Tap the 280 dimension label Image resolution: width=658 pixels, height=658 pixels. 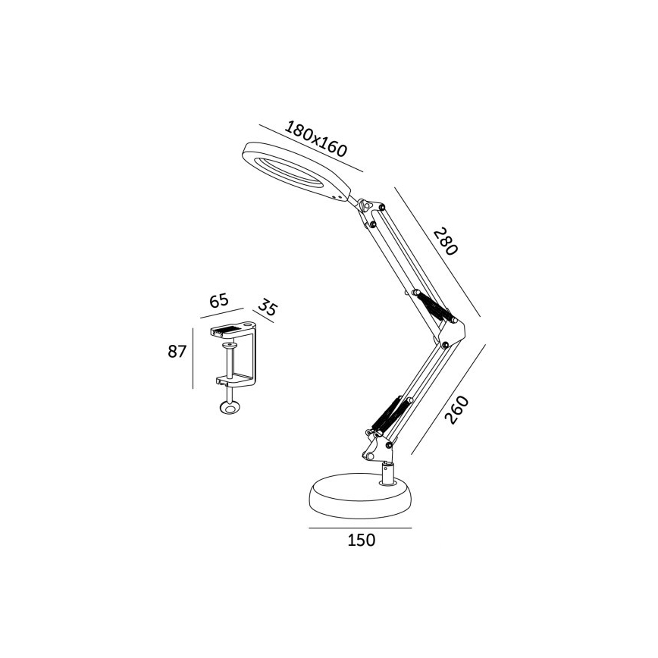[446, 242]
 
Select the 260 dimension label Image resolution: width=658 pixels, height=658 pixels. [456, 411]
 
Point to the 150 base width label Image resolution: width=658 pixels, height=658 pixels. [361, 540]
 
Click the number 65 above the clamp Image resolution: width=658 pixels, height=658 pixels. [219, 301]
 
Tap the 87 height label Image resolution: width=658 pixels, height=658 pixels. [177, 352]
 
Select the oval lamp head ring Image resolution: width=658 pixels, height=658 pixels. [296, 170]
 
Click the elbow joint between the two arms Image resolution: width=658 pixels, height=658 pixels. [453, 330]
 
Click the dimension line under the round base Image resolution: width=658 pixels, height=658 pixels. [360, 527]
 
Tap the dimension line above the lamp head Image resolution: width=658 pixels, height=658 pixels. [311, 147]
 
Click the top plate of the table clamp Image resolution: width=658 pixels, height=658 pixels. [235, 331]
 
